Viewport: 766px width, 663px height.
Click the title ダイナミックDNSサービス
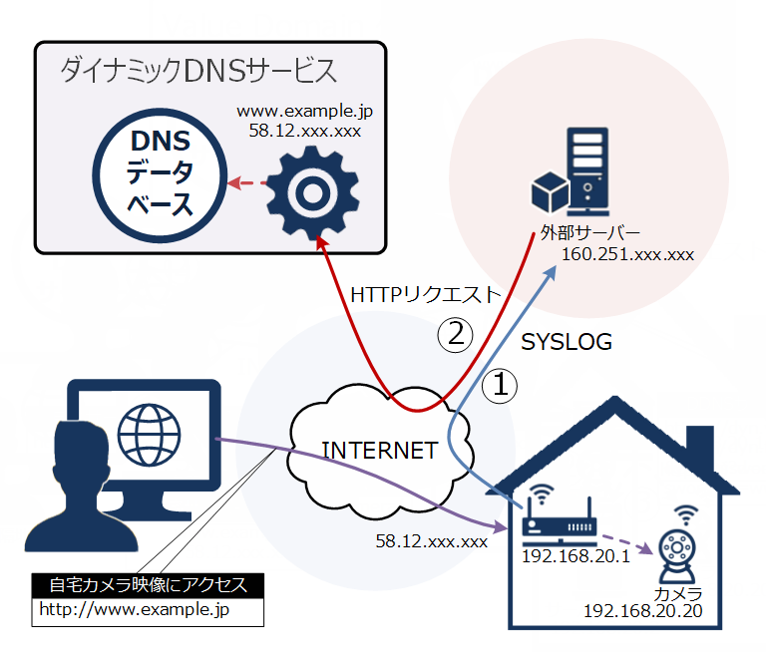click(198, 71)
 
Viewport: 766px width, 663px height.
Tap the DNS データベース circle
click(161, 174)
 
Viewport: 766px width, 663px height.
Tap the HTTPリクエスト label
click(424, 295)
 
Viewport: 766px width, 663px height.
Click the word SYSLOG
click(567, 342)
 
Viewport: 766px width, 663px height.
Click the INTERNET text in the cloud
click(379, 450)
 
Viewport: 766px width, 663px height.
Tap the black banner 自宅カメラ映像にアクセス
click(149, 584)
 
